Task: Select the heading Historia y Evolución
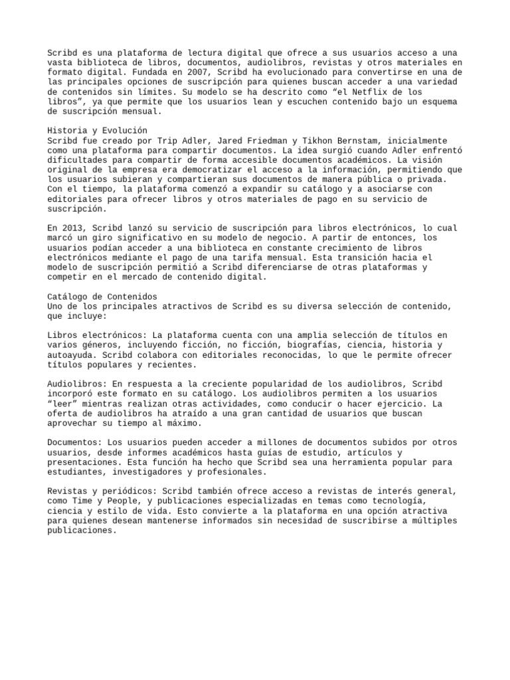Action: tap(98, 131)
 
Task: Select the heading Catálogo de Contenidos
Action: tap(102, 296)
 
